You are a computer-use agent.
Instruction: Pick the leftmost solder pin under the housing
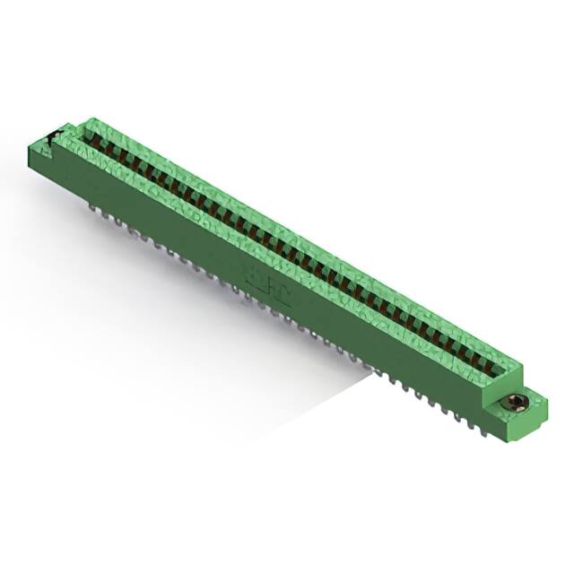[x=92, y=207]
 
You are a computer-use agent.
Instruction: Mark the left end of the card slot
[x=87, y=136]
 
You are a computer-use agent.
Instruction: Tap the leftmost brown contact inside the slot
[x=93, y=142]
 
